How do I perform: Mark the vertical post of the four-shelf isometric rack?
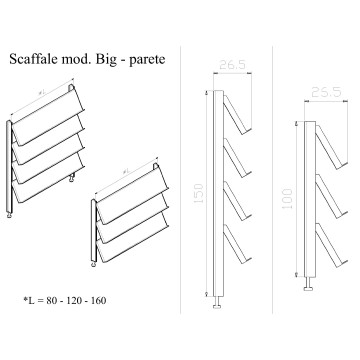10,165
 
